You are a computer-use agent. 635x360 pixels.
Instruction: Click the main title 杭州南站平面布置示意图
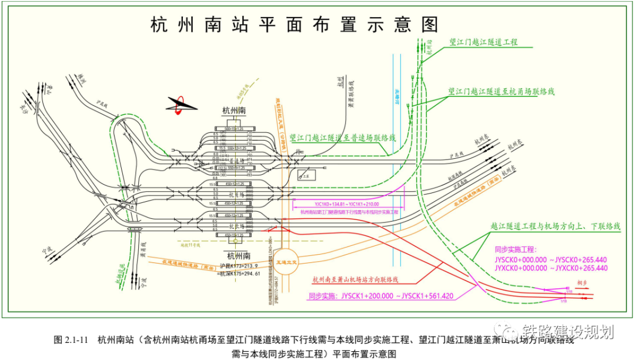(295, 25)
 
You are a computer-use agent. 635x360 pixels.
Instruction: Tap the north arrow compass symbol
(182, 105)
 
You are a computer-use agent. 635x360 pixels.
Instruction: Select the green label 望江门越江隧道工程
(483, 42)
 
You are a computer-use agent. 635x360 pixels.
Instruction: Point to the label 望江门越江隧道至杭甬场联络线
(501, 92)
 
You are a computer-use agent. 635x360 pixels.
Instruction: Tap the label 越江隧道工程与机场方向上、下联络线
(555, 226)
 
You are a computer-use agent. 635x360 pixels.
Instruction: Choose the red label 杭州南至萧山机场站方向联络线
(355, 279)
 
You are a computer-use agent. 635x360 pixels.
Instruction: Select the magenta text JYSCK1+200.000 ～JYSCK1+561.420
(380, 296)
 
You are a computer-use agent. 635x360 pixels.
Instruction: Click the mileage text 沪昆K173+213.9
(238, 266)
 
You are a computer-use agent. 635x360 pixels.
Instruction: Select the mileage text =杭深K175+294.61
(238, 274)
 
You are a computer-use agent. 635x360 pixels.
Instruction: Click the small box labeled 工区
(304, 175)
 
